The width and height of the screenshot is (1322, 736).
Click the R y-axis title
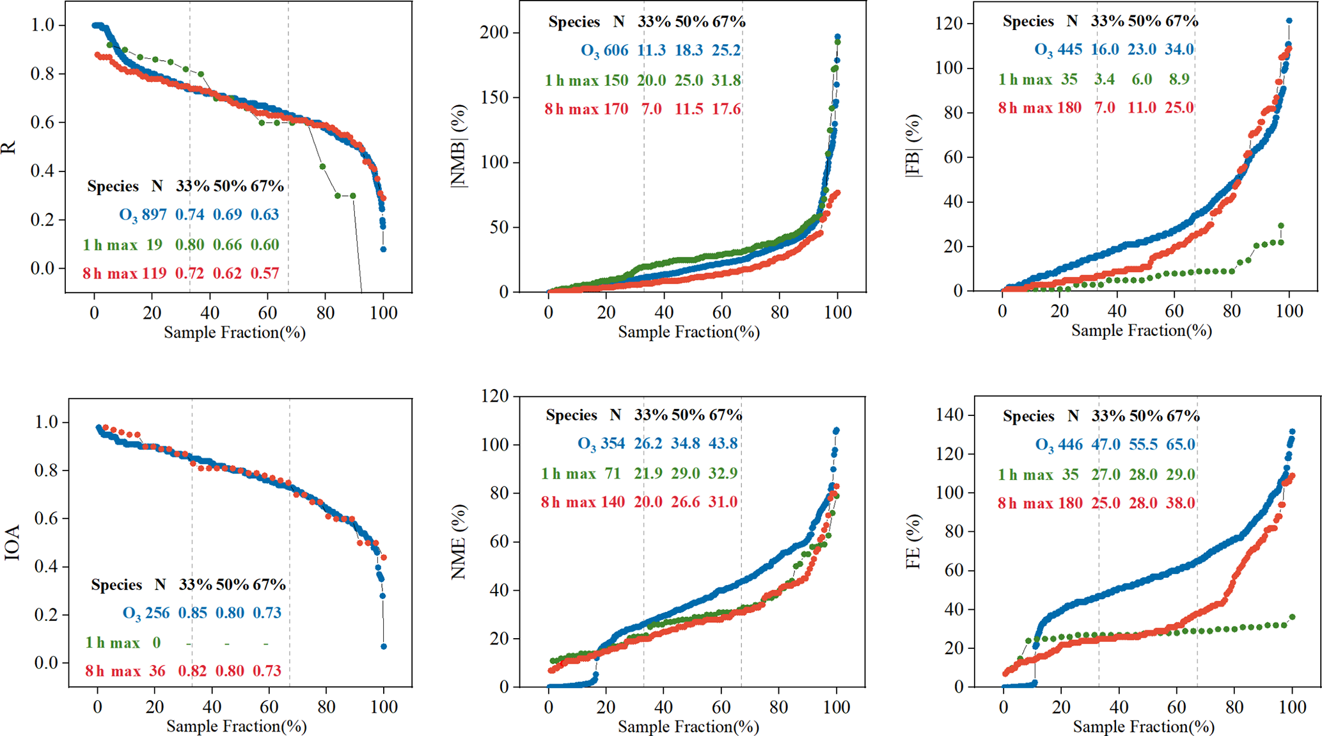[9, 148]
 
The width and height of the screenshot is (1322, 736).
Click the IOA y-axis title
[12, 543]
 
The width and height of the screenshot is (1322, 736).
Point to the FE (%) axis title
[914, 541]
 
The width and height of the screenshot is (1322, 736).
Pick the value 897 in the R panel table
[153, 214]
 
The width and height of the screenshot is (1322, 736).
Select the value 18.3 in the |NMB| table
[688, 51]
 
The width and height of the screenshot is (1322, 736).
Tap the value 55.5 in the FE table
[1144, 445]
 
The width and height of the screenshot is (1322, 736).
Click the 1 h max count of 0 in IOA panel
[156, 643]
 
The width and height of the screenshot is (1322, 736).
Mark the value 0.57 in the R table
[265, 274]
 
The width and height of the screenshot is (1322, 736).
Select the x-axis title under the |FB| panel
[1141, 331]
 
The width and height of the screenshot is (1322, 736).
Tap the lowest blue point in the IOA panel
[384, 646]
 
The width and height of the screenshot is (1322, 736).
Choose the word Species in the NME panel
[571, 415]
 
